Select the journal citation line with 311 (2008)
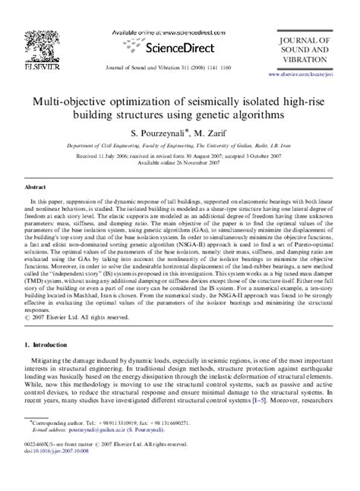179,66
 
